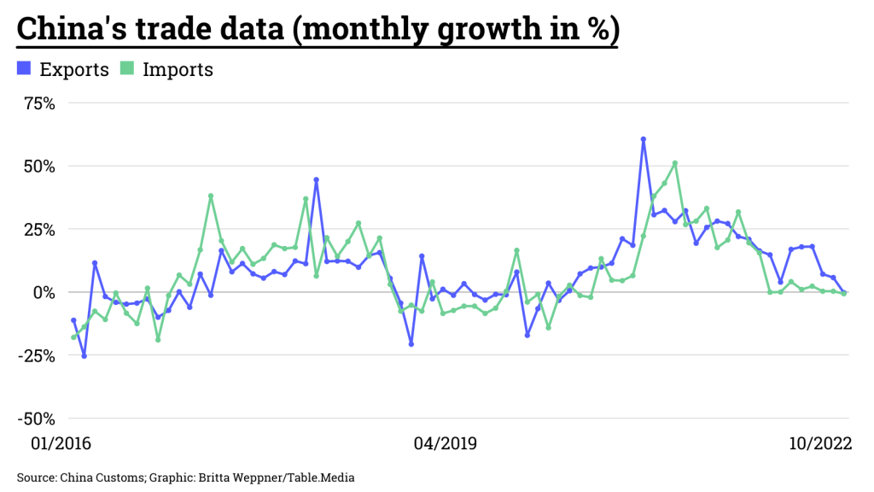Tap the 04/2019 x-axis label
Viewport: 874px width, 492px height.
445,443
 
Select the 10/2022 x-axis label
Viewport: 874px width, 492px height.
819,443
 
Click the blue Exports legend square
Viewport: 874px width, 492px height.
24,69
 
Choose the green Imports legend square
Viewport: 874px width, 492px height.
126,69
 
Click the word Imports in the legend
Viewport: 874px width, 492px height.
178,69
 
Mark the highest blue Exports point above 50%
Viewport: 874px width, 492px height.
644,139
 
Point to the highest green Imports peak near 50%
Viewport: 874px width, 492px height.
675,163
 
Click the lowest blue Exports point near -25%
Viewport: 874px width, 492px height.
84,355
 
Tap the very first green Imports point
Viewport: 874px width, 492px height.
73,337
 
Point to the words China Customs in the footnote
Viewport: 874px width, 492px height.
96,477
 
